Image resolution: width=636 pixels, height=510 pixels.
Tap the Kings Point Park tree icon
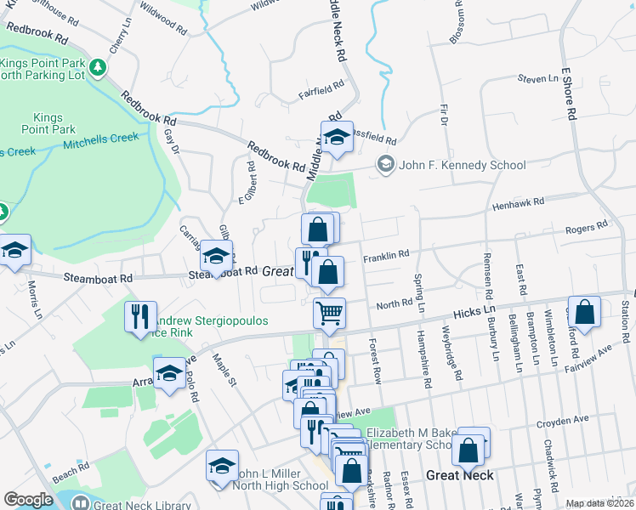tap(99, 66)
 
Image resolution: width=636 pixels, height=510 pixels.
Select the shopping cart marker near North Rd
tap(329, 313)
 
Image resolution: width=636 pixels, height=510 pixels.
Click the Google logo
tap(28, 499)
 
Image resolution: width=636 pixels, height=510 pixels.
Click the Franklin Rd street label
tap(386, 254)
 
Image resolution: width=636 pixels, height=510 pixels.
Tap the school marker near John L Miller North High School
tap(222, 467)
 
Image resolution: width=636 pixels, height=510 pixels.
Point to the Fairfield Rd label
tap(321, 85)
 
